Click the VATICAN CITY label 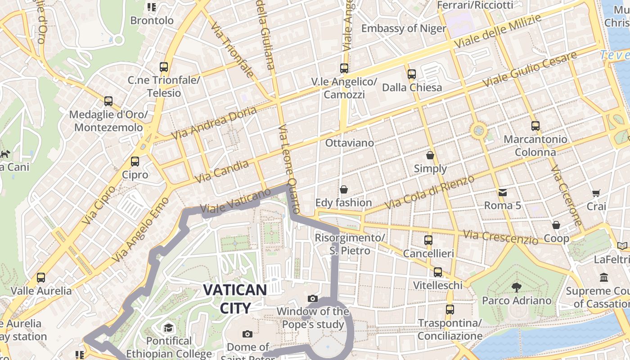(x=234, y=298)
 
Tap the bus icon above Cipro (x=135, y=162)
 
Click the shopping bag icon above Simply (x=430, y=156)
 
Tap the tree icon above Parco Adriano (x=516, y=287)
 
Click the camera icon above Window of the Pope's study (x=312, y=298)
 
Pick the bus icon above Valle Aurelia (x=41, y=278)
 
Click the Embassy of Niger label (x=404, y=28)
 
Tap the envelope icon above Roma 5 (x=502, y=193)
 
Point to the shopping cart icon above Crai (x=596, y=193)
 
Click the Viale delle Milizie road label (x=497, y=31)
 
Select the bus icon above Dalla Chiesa (x=411, y=74)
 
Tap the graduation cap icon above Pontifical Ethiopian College (x=168, y=328)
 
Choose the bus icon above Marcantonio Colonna (x=535, y=126)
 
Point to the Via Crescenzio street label (x=500, y=238)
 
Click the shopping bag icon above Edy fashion (x=344, y=189)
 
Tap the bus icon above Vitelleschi (x=437, y=272)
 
